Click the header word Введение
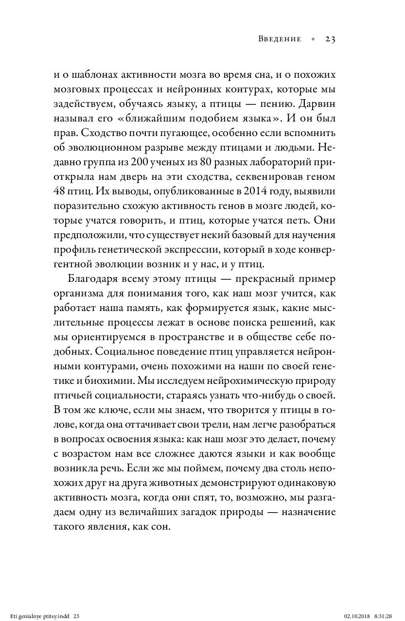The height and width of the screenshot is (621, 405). (x=280, y=39)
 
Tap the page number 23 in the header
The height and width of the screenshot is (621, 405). (x=331, y=39)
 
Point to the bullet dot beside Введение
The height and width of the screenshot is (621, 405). (x=313, y=40)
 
